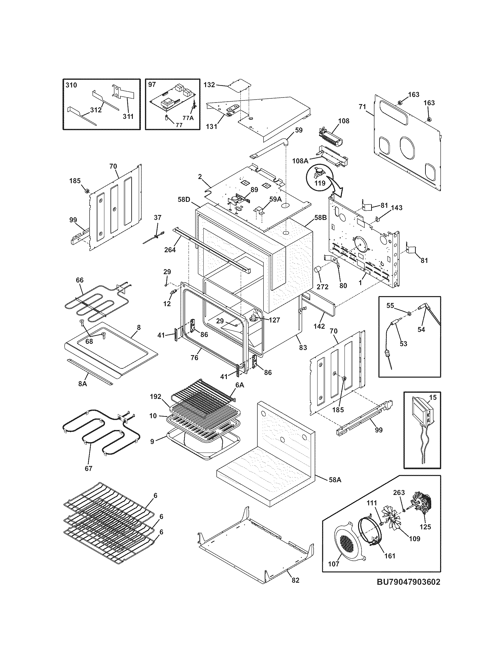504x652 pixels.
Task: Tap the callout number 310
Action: (x=71, y=85)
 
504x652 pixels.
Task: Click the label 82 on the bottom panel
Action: (x=295, y=580)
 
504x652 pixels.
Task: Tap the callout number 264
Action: (x=170, y=250)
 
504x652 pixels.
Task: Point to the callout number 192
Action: (x=156, y=397)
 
